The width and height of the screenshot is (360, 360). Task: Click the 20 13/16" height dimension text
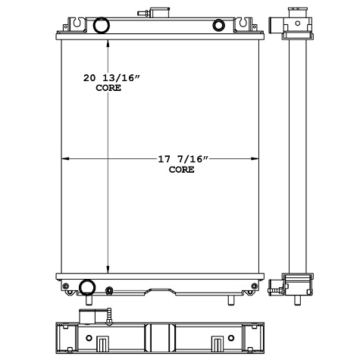[x=111, y=78]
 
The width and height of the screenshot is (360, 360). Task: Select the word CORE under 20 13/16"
[x=108, y=89]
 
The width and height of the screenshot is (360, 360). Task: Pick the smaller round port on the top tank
[x=219, y=26]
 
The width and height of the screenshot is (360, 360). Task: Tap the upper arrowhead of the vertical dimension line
[x=109, y=42]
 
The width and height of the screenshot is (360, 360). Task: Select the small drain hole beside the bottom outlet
[x=109, y=290]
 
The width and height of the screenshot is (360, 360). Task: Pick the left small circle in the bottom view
[x=89, y=337]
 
